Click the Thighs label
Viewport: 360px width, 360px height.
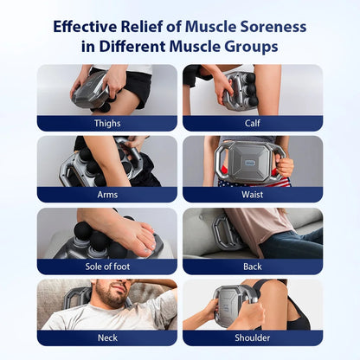coord(107,123)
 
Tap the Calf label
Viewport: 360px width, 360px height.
coord(253,123)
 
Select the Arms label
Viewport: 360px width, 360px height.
coord(107,195)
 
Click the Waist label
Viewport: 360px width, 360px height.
coord(253,195)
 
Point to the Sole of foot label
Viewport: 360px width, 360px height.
coord(107,267)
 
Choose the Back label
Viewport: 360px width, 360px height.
coord(253,267)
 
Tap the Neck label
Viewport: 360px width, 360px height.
coord(107,337)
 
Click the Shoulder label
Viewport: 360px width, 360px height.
coord(253,337)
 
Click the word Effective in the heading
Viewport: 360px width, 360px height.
coord(89,26)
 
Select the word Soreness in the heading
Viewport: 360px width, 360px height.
coord(265,26)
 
